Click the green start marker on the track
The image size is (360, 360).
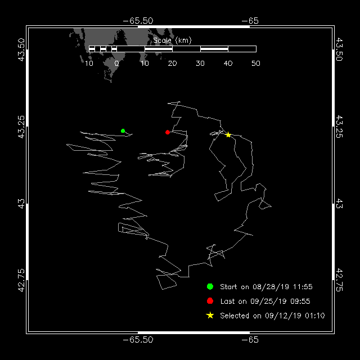123,131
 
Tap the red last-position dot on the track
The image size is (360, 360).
168,132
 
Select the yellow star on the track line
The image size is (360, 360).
228,135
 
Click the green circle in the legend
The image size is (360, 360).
210,286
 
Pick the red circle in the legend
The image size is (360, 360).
210,301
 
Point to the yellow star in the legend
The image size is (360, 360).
210,315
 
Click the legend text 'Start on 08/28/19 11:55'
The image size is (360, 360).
266,287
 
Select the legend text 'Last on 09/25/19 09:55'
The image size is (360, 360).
265,301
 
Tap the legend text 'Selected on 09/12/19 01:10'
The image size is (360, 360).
272,316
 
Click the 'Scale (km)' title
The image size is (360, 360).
172,40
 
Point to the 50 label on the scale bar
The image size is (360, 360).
256,64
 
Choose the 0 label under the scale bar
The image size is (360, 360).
116,64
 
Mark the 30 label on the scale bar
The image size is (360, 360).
200,64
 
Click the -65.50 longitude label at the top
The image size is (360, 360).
138,21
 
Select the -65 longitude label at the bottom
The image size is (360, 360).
250,340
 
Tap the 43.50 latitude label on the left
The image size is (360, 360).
21,50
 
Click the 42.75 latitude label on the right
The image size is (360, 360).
339,280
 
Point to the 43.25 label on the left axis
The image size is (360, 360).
21,127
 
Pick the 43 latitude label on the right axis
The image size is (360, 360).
339,204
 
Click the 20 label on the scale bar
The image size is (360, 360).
172,64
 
